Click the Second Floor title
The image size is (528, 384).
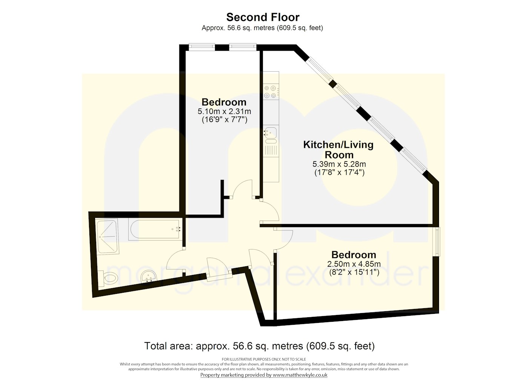(263, 17)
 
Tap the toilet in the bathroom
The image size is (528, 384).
(110, 278)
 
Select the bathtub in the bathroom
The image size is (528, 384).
(155, 229)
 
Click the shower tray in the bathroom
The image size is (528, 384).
(107, 236)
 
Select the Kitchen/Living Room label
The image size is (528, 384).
(339, 149)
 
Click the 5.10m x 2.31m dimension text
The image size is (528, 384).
(224, 112)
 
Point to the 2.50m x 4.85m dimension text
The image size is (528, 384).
(354, 264)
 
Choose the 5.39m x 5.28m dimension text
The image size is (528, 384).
(339, 164)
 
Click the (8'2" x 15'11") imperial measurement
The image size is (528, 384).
(354, 272)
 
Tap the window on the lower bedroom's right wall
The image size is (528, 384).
(437, 241)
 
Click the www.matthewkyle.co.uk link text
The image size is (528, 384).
(300, 375)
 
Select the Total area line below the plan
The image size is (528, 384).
(259, 346)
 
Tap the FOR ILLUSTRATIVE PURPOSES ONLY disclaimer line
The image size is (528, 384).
(264, 359)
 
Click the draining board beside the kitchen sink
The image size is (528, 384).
(271, 151)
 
